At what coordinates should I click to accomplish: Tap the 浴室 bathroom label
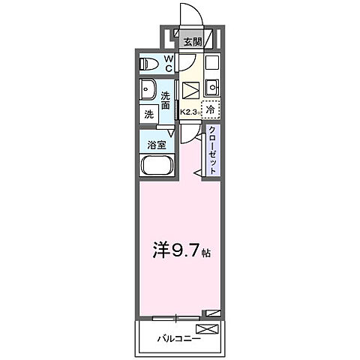(x=157, y=145)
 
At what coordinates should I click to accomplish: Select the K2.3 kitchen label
(x=189, y=112)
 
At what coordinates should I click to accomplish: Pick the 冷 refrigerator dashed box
(x=211, y=109)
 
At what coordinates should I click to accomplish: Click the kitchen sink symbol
(x=211, y=85)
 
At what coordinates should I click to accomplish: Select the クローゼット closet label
(x=212, y=151)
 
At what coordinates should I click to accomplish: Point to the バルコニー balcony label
(x=178, y=340)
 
